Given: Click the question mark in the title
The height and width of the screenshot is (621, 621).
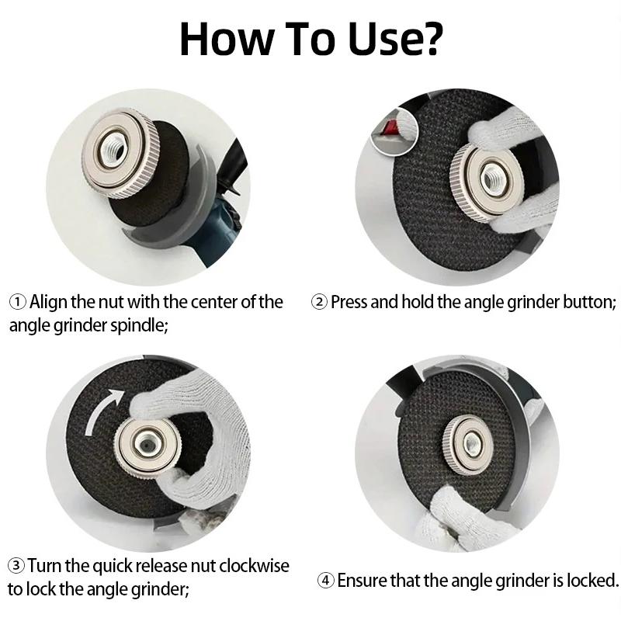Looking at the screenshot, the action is coord(428,38).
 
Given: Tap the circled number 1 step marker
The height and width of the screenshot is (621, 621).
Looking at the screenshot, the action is coord(17,302).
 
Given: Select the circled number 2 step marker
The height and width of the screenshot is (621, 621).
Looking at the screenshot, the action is coord(319,302).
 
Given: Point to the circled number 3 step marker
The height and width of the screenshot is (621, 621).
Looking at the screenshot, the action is coord(16,565).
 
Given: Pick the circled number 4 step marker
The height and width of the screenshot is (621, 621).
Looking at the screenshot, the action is coord(326,581).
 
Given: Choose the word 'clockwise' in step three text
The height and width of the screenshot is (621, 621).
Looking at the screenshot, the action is coord(254,565).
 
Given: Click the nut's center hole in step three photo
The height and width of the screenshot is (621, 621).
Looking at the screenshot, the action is coord(147,444).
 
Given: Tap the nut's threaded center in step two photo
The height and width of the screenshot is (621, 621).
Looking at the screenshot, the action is coord(493,180).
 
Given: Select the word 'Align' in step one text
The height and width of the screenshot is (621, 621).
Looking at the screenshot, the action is coord(48,302).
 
